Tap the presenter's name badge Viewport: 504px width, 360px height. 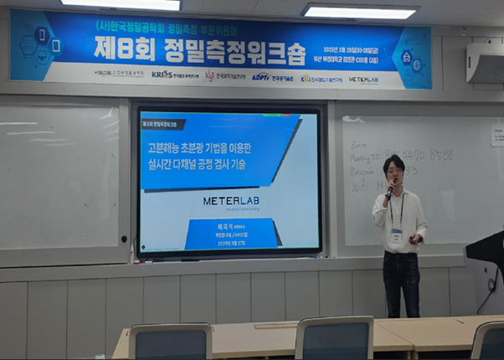click(395, 235)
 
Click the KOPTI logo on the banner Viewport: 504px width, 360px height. click(261, 77)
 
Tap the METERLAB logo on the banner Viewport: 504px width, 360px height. click(363, 79)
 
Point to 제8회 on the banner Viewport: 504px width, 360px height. click(128, 49)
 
